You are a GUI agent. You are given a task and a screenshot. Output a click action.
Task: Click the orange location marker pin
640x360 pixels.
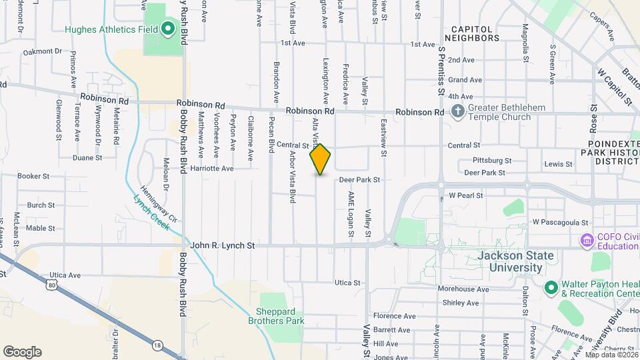[320, 159]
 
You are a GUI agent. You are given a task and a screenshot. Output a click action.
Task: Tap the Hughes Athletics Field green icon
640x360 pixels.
[168, 29]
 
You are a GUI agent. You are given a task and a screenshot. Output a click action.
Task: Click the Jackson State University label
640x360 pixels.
[509, 261]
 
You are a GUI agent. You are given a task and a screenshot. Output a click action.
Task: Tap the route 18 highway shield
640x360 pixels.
[157, 344]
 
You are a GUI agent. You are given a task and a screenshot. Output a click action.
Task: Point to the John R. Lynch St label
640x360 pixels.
[223, 245]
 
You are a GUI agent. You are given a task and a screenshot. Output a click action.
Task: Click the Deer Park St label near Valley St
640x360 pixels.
[359, 180]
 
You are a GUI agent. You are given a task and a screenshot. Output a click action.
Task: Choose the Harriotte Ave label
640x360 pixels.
[213, 169]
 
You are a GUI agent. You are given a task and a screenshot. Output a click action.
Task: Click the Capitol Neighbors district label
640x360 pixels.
[475, 33]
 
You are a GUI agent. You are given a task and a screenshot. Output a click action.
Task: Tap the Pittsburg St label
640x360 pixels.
[491, 161]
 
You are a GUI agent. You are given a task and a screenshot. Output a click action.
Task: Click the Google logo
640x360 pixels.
[22, 351]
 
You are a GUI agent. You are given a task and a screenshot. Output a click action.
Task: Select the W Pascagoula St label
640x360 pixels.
[561, 222]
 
